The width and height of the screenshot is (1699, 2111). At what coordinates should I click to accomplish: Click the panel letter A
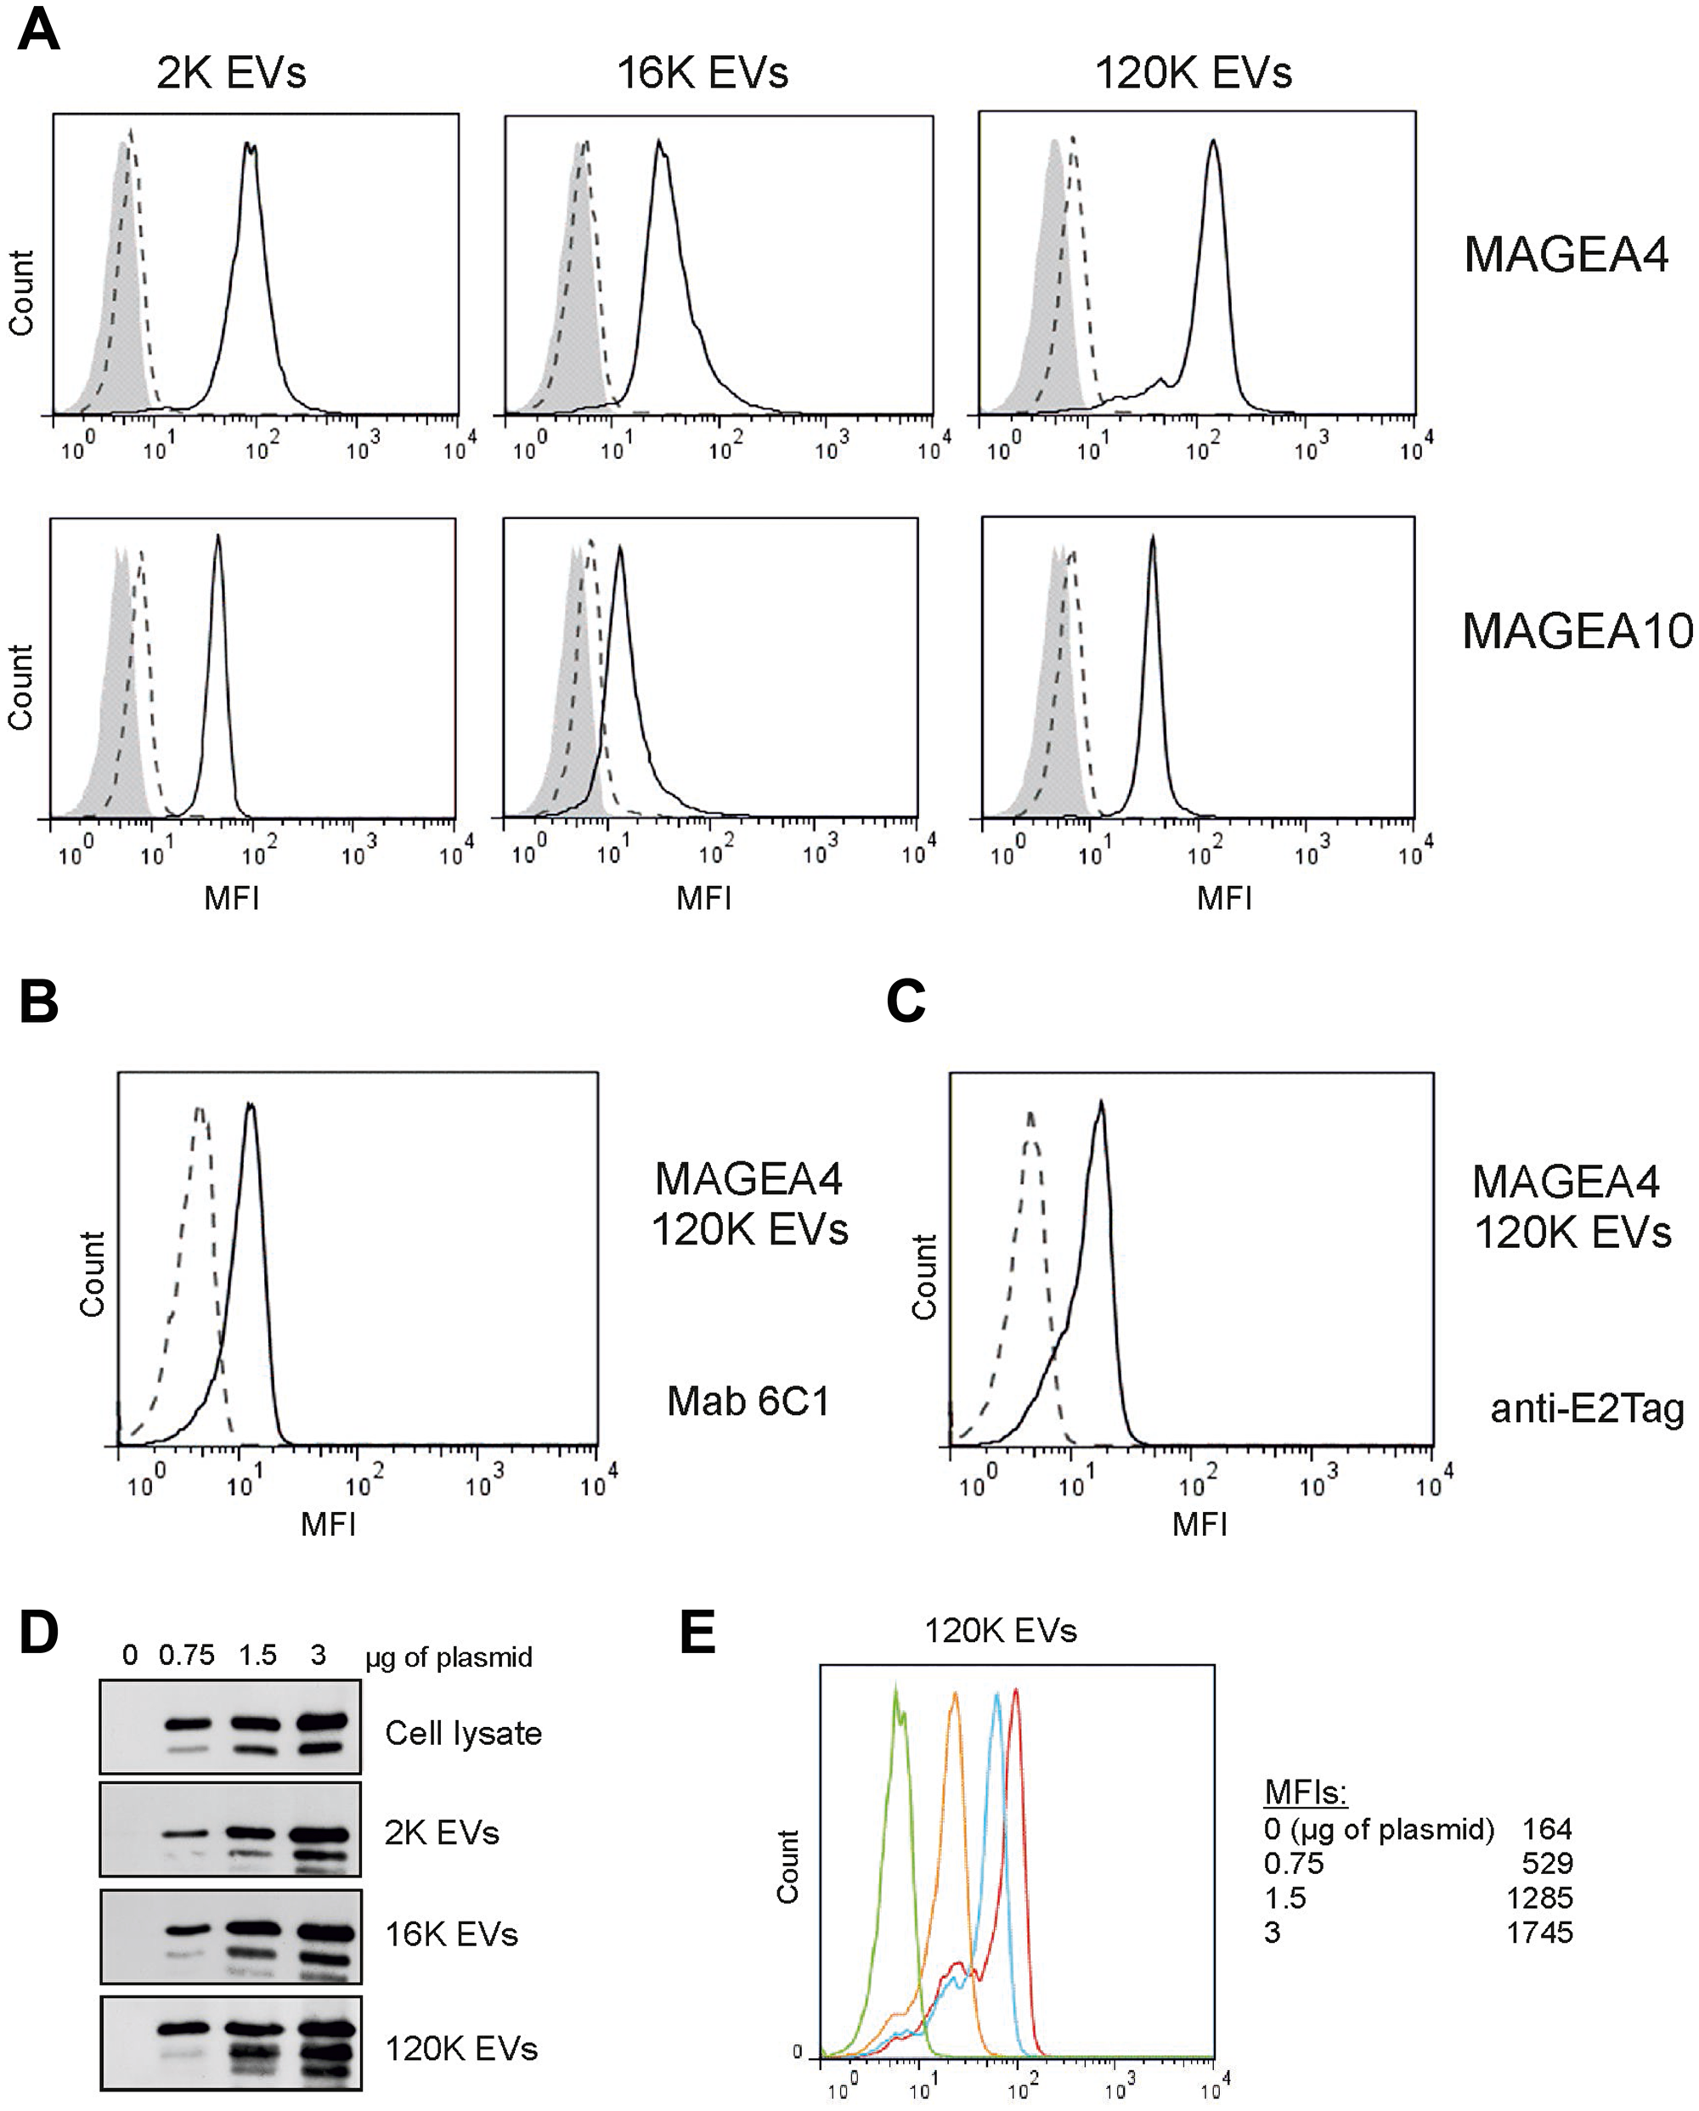click(x=38, y=30)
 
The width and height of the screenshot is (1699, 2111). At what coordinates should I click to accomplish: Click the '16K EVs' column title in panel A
click(x=703, y=73)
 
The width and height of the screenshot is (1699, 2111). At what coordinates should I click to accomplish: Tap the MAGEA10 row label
click(x=1577, y=631)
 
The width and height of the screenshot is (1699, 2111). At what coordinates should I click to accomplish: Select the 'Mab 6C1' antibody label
click(x=748, y=1401)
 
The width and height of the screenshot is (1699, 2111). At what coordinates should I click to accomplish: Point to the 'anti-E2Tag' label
click(x=1586, y=1408)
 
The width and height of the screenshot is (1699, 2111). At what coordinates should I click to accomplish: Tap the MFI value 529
click(x=1546, y=1863)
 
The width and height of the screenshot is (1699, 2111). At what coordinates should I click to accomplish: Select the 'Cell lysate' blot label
click(x=463, y=1733)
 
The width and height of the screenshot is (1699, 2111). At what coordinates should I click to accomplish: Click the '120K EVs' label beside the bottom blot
click(x=461, y=2048)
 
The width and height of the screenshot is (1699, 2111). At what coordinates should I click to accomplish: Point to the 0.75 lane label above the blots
click(x=186, y=1656)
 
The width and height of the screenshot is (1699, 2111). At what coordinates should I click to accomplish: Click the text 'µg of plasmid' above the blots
click(x=449, y=1657)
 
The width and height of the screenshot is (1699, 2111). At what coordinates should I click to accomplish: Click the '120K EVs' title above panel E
click(x=1001, y=1630)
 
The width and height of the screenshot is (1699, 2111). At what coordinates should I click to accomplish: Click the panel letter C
click(x=905, y=1002)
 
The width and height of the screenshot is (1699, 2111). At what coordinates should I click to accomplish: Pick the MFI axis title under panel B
click(x=328, y=1523)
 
